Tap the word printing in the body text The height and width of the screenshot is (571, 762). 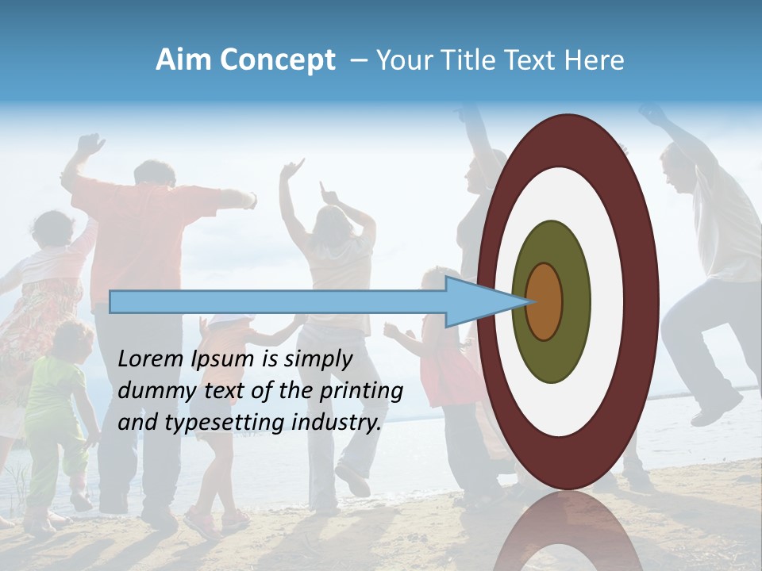coord(360,392)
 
